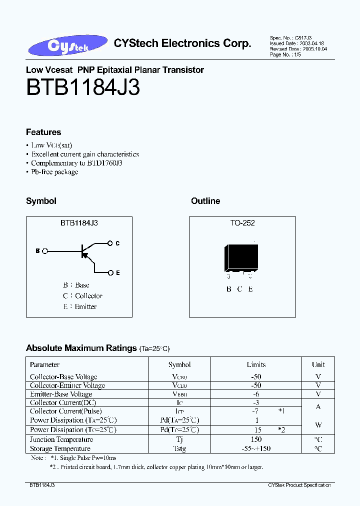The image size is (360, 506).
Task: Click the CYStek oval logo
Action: tap(67, 45)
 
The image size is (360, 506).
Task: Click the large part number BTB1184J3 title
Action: tap(83, 88)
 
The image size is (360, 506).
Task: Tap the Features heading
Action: tap(43, 132)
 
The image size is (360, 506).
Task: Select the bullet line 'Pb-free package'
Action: tap(54, 172)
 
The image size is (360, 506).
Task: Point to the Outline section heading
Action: tap(205, 201)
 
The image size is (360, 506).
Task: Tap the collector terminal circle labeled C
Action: tap(110, 243)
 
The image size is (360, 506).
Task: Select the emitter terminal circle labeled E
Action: tap(110, 272)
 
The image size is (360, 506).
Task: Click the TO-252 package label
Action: tap(242, 223)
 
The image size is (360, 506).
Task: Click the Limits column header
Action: tap(256, 364)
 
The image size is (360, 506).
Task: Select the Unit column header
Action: tap(318, 364)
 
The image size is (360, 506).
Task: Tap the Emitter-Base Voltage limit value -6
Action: tap(256, 394)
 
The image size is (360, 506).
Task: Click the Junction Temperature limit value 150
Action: tap(256, 439)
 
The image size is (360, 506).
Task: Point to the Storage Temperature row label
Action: tap(60, 448)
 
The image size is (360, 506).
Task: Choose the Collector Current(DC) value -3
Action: tap(256, 402)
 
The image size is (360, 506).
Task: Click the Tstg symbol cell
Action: tap(179, 448)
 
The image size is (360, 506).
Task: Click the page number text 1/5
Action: tap(298, 55)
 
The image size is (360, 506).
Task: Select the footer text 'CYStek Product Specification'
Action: tap(299, 485)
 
